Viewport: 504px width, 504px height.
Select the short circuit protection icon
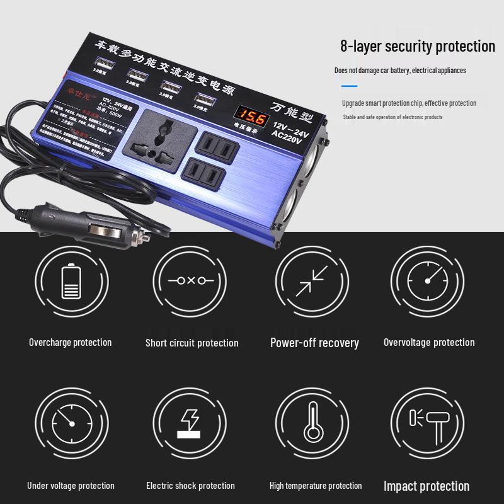coord(190,280)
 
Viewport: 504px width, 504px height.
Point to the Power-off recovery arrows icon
coord(312,280)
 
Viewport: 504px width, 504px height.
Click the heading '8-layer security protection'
coord(418,46)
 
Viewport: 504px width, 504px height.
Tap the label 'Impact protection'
coord(427,486)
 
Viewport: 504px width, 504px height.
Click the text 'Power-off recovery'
coord(314,343)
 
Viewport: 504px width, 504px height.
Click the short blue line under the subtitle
coord(349,86)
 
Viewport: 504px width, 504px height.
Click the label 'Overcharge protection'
coord(70,342)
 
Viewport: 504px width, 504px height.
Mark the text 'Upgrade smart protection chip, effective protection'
coord(409,103)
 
